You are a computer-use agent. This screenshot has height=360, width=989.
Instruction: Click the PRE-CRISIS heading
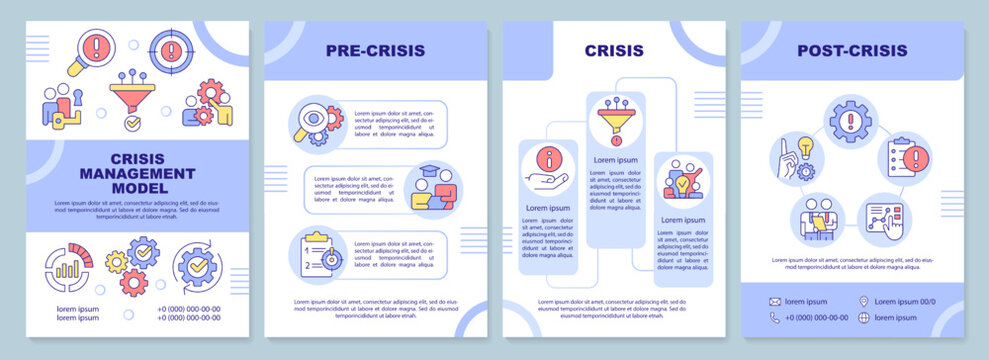(x=376, y=50)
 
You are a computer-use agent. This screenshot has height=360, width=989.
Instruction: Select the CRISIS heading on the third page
(x=615, y=50)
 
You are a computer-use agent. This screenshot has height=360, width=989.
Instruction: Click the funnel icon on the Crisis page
(x=615, y=120)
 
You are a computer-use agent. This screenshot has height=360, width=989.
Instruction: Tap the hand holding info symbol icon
(x=545, y=167)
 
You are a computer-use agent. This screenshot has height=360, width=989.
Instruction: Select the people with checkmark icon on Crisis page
(x=683, y=180)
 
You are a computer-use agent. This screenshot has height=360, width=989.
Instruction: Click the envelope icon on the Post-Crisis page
(x=775, y=301)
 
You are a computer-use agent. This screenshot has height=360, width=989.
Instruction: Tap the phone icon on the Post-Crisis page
(x=775, y=318)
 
